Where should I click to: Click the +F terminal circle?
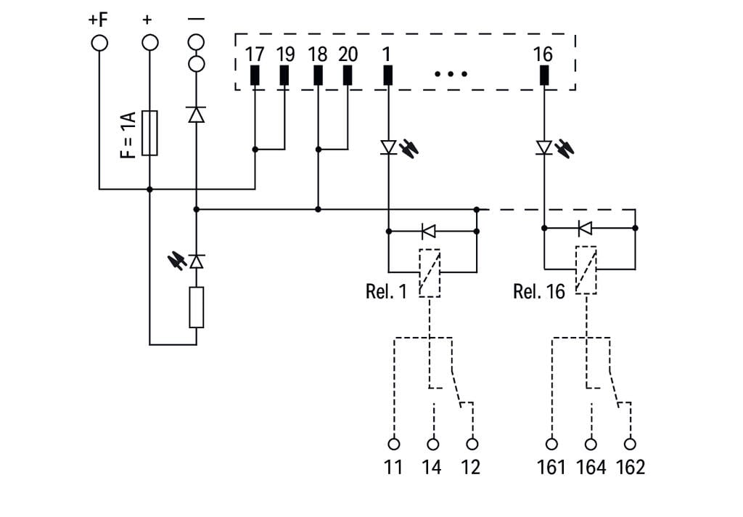pos(99,42)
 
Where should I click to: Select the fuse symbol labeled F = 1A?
pos(149,133)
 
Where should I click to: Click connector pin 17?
pos(255,76)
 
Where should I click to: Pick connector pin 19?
pos(284,76)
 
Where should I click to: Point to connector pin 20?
pos(348,76)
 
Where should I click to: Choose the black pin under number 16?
pos(543,76)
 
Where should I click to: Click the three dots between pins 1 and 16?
pos(451,74)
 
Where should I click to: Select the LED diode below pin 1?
pos(389,148)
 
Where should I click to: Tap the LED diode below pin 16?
pos(544,148)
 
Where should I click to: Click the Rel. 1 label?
pos(387,292)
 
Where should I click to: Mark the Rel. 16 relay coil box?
pos(586,270)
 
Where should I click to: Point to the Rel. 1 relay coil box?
pos(430,272)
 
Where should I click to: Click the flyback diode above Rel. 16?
pos(585,228)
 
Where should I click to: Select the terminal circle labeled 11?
pos(394,443)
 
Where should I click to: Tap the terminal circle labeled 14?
pos(433,443)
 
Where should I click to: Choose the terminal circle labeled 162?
pos(630,443)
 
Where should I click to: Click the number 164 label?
pos(591,467)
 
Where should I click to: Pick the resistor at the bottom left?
pos(196,306)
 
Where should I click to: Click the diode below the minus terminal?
pos(196,115)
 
